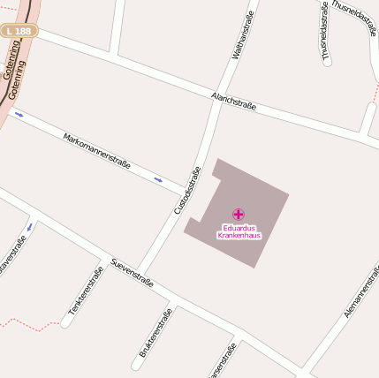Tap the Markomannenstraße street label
tap(97, 150)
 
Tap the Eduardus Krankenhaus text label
tap(239, 231)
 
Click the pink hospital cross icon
tap(239, 214)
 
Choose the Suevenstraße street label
tap(133, 272)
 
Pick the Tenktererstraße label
tap(86, 291)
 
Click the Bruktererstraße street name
tap(155, 334)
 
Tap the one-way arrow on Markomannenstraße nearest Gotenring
tap(19, 114)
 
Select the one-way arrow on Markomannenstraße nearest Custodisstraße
tap(158, 180)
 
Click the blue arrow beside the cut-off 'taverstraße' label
tap(29, 227)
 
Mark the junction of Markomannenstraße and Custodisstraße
tap(188, 192)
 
